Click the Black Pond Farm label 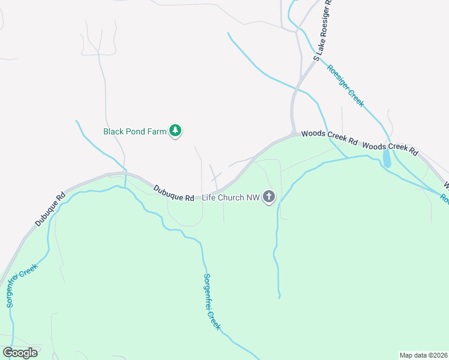pos(134,131)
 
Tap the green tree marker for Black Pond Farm pos(175,130)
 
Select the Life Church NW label pos(231,197)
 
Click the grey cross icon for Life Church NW pos(269,196)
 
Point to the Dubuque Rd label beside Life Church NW pos(174,193)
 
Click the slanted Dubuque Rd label pos(49,209)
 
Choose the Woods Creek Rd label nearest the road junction pos(329,137)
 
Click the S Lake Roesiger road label pos(322,30)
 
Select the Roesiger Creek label pos(345,85)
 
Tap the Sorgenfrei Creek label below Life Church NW pos(211,302)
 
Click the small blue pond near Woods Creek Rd pos(387,158)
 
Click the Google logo pos(20,352)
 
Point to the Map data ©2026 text pos(424,355)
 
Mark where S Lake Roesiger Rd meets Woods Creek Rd pos(294,133)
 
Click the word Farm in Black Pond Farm pos(156,131)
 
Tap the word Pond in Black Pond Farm pos(136,131)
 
